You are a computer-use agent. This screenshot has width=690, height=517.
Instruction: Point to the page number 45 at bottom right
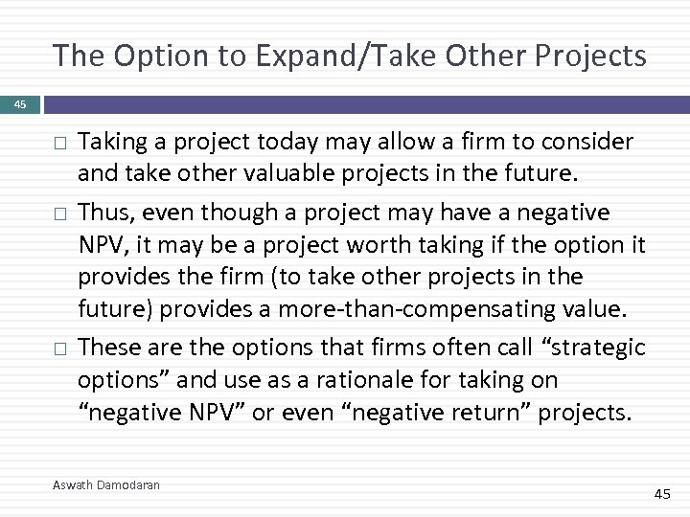tap(662, 493)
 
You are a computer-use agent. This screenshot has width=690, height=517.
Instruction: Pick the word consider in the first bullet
tap(587, 142)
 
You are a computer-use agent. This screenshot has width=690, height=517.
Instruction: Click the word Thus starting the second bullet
tap(105, 211)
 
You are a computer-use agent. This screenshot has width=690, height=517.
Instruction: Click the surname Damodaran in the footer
tap(128, 485)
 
